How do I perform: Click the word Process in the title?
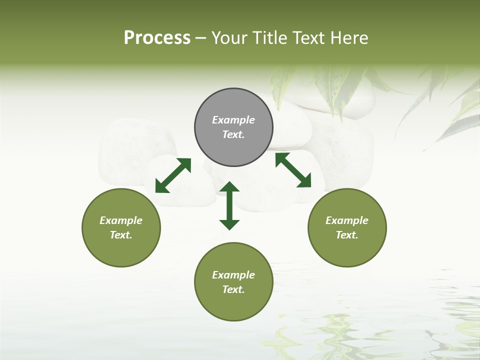pos(157,38)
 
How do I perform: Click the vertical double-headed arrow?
pos(229,206)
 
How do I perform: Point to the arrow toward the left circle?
pos(173,175)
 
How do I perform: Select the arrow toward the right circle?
pos(293,170)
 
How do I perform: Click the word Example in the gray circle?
pos(233,120)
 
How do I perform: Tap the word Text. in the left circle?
pos(121,235)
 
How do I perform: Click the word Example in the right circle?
pos(347,220)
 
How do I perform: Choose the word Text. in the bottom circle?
pos(233,289)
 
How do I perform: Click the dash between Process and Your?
pos(200,38)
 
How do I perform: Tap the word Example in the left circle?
pos(121,220)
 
